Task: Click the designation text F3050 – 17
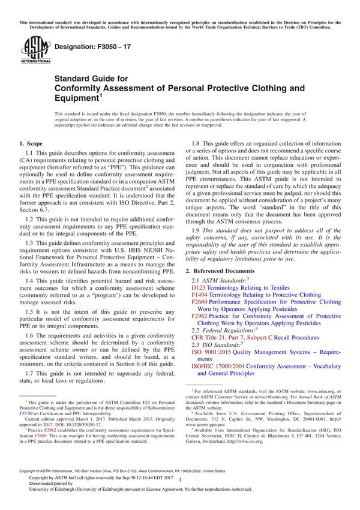(x=91, y=46)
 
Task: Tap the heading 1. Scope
(x=30, y=145)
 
